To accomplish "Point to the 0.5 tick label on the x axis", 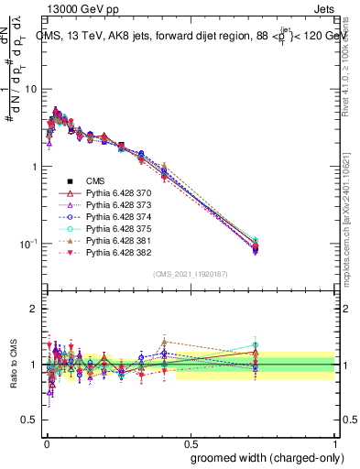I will (x=191, y=442).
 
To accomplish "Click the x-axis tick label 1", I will (x=335, y=442).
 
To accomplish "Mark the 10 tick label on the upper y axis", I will (x=31, y=89).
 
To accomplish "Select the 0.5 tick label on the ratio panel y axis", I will (x=29, y=420).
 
